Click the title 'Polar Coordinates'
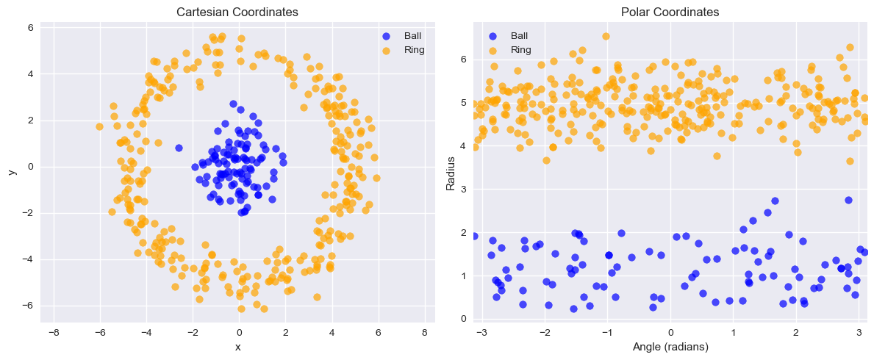point(670,12)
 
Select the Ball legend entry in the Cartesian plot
point(412,35)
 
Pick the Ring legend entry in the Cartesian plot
point(414,50)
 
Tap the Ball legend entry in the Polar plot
point(518,35)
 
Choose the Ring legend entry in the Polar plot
point(520,50)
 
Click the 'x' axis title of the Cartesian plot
point(237,347)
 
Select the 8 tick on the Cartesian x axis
point(425,333)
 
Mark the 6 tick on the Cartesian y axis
point(31,28)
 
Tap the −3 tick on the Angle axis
point(481,333)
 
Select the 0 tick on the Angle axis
point(671,333)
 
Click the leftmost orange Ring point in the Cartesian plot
point(99,126)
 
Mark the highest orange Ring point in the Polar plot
point(606,36)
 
